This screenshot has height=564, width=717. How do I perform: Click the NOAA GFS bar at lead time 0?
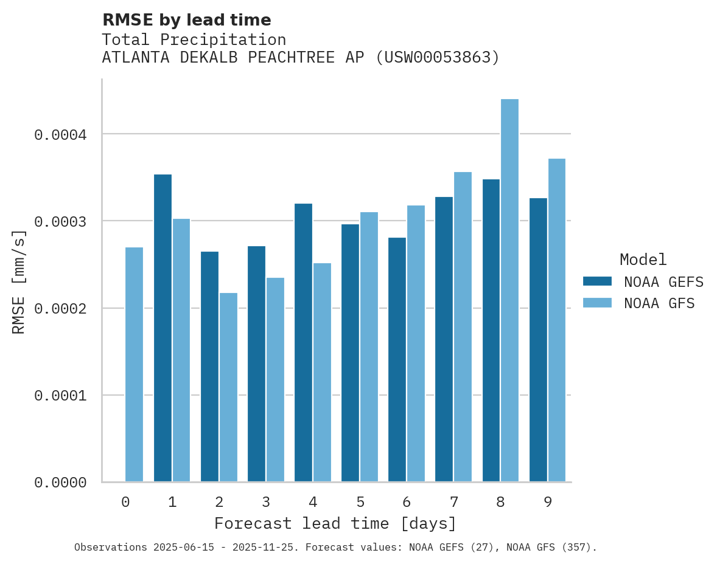point(134,365)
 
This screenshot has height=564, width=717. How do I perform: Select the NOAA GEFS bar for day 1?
point(163,328)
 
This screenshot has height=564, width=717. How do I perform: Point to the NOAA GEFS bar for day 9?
point(538,340)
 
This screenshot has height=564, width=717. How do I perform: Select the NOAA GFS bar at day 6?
point(416,343)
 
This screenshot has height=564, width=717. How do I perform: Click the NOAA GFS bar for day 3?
point(275,380)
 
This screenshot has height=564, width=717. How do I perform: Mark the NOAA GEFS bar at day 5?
point(350,353)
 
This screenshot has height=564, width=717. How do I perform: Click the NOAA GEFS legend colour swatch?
point(597,281)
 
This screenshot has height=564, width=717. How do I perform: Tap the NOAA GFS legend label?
point(659,303)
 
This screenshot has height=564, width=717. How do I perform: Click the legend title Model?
point(643,260)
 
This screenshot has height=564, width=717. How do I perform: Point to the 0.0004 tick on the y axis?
point(60,134)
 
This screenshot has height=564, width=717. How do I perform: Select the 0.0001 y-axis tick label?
point(60,396)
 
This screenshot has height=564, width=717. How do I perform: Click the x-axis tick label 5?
point(360,502)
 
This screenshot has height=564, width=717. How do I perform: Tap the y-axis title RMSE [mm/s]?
point(19,281)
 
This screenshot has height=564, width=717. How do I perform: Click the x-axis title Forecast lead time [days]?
point(335,523)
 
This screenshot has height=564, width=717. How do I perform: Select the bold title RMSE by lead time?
point(186,20)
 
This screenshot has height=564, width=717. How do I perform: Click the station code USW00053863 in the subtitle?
point(437,58)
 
